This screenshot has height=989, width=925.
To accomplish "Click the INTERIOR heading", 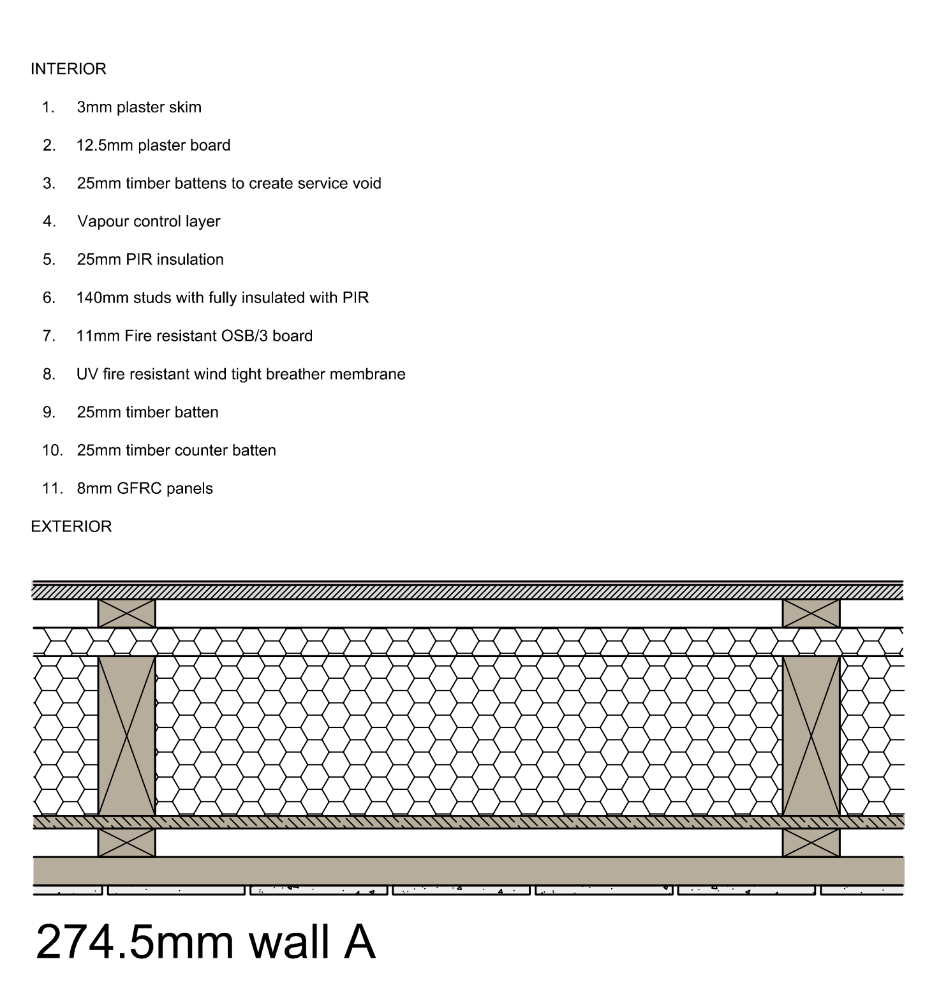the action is (68, 69).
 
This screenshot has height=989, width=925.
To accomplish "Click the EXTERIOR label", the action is (71, 527).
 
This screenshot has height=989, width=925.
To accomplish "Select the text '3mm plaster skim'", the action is (139, 107).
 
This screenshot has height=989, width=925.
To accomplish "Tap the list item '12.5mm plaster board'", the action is (153, 145).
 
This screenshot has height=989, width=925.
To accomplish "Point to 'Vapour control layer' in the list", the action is (149, 221).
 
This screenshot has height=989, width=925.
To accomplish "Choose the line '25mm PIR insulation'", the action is (151, 260).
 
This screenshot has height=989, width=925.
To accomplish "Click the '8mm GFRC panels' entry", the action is (145, 489).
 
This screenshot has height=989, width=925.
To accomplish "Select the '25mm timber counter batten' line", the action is (177, 450).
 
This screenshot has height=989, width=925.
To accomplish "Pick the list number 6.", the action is (49, 298).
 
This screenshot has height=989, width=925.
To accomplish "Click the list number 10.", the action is (52, 450).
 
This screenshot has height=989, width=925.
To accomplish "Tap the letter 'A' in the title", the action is (359, 942).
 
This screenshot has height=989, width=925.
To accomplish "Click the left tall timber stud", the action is (126, 736).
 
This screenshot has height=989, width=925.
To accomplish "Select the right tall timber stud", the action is (811, 736).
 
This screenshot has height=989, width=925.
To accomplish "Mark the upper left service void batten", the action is (126, 614).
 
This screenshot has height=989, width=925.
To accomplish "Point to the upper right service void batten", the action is (811, 614).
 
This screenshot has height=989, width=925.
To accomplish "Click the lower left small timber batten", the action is (126, 843).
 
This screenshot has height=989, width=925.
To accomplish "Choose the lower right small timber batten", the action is (811, 843).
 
